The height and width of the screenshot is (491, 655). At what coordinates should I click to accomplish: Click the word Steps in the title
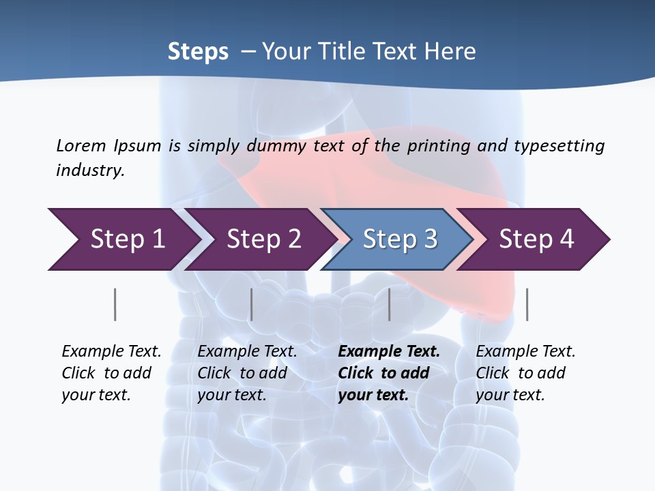coord(198,52)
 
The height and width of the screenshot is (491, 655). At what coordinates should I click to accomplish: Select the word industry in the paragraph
coord(89,170)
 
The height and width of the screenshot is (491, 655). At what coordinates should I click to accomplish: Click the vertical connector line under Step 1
coord(115,304)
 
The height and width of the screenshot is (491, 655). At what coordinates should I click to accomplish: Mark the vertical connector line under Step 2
coord(252,304)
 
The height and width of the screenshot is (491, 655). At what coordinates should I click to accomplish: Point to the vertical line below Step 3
coord(390,304)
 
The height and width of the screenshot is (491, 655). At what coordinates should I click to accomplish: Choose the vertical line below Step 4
coord(527,304)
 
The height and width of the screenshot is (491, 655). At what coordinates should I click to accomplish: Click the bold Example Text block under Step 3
coord(389,373)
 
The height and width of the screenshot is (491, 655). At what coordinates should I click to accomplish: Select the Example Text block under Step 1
coord(111,373)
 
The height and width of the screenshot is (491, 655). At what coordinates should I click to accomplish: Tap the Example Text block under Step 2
coord(247,373)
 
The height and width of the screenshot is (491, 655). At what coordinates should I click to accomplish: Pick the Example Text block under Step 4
coord(525,373)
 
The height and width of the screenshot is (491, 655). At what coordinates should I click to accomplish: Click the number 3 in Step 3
coord(431,239)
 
